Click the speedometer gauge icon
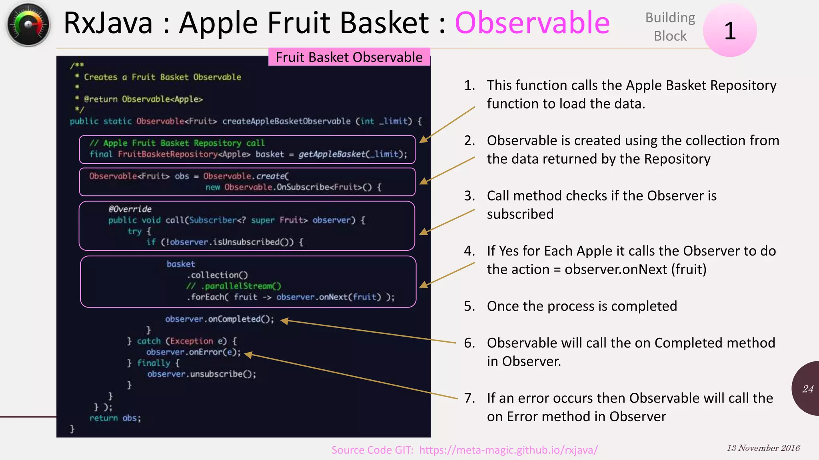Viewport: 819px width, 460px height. point(28,25)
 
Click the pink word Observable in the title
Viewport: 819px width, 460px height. point(532,23)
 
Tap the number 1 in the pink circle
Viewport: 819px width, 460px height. point(730,31)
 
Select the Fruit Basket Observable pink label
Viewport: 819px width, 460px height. point(349,57)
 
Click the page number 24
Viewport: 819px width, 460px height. point(807,389)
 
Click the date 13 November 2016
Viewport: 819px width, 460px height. point(763,448)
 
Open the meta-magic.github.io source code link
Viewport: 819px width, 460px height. point(508,450)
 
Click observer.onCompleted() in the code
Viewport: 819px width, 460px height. point(220,319)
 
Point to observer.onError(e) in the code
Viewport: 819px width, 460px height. point(194,352)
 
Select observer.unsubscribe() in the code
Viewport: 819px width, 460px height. point(202,374)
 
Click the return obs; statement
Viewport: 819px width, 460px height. point(115,418)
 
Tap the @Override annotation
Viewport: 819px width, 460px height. point(130,209)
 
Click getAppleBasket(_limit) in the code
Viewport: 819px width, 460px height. point(352,154)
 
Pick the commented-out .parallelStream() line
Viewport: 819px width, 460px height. point(234,286)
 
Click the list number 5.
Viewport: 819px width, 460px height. point(469,306)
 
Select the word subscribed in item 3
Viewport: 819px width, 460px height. point(520,214)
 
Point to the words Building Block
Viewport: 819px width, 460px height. point(670,27)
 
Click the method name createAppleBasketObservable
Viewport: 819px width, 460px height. point(286,121)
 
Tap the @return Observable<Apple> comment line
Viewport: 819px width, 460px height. point(143,99)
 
